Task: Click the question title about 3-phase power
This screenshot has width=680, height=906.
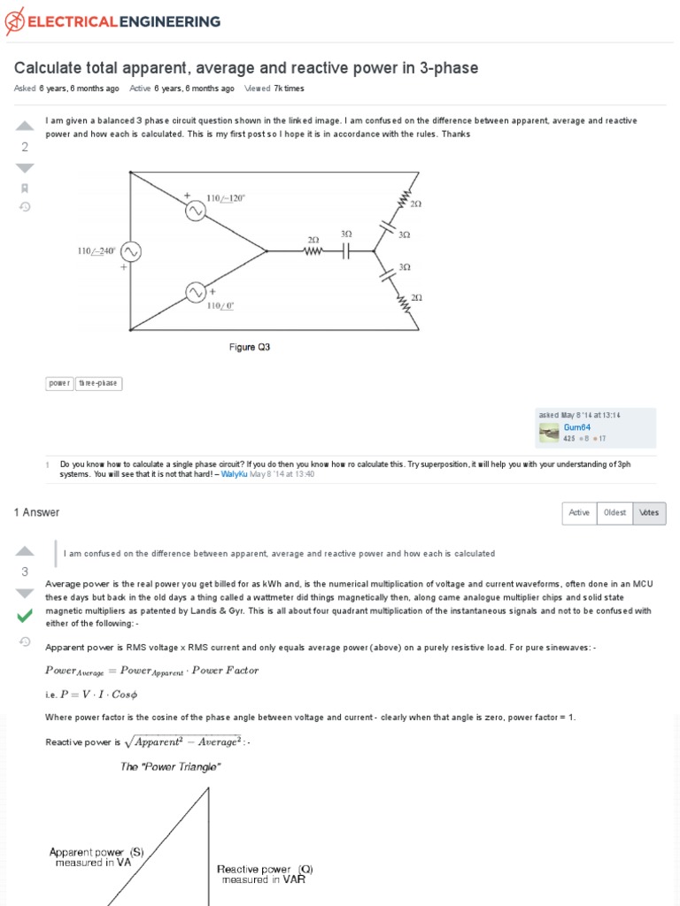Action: click(x=246, y=68)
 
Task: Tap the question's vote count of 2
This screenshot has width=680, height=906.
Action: click(x=25, y=147)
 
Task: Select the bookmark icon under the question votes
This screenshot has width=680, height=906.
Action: click(x=25, y=188)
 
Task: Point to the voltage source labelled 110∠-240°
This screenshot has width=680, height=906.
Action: click(x=130, y=252)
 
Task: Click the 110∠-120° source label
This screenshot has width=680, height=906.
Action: click(x=226, y=198)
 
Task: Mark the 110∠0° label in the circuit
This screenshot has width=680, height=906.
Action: click(x=220, y=306)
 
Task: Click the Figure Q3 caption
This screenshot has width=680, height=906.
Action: click(x=250, y=348)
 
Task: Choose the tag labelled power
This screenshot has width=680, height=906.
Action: click(x=59, y=383)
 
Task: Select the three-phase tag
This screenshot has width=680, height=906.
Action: click(x=99, y=383)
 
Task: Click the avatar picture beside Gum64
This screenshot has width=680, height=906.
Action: click(x=549, y=432)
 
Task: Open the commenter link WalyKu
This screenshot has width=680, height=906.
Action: click(x=234, y=474)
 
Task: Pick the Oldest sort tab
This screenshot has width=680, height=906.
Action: click(x=614, y=513)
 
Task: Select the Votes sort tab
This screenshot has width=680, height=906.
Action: click(x=649, y=513)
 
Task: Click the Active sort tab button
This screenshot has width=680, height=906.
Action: click(x=579, y=513)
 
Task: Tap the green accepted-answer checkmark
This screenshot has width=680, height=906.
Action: click(x=25, y=615)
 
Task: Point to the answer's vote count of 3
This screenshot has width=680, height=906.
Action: click(x=25, y=572)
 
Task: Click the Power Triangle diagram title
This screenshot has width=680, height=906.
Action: click(x=170, y=767)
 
